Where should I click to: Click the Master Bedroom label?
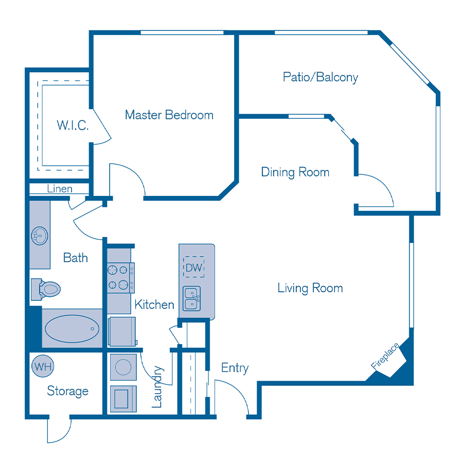(x=169, y=115)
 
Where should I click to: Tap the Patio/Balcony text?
(x=320, y=77)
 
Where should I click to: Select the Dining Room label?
(x=295, y=172)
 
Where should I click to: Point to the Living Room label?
(x=310, y=288)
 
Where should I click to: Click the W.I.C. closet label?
(x=73, y=125)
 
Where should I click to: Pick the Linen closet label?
(x=60, y=189)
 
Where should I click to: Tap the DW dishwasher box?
(x=194, y=267)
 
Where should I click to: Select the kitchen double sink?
(x=193, y=298)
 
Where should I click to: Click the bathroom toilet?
(x=46, y=289)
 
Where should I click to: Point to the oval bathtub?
(x=72, y=327)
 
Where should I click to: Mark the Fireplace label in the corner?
(x=385, y=356)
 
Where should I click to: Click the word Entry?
(x=235, y=368)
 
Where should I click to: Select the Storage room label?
(x=67, y=391)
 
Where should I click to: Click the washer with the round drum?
(x=123, y=367)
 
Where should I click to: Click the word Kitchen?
(x=154, y=305)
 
